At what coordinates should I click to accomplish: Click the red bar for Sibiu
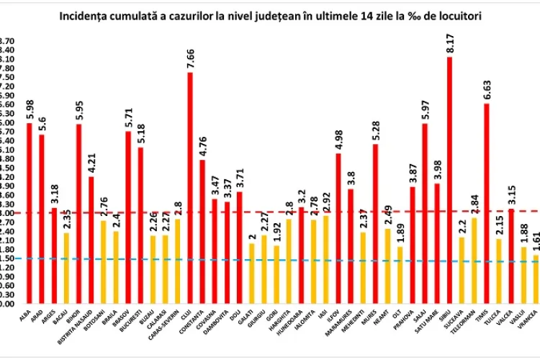pos(450,180)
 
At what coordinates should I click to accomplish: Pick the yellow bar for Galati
pos(251,273)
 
